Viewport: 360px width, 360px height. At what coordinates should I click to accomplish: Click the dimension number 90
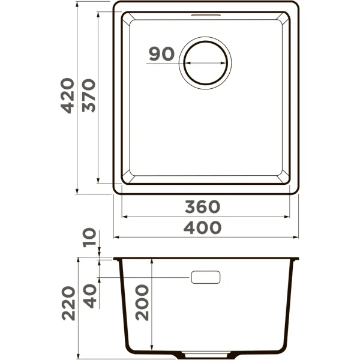[x=161, y=54]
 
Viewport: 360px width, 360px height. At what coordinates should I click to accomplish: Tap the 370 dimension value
[x=89, y=95]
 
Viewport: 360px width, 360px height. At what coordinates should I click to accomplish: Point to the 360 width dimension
[x=202, y=207]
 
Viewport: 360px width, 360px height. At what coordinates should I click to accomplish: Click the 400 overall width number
[x=202, y=227]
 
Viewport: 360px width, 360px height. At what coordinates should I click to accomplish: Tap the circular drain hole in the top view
[x=206, y=62]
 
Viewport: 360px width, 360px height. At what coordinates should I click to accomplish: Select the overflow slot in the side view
[x=205, y=277]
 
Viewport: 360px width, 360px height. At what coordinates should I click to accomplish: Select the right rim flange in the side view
[x=295, y=260]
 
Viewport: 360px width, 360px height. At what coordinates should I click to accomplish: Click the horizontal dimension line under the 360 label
[x=206, y=216]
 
